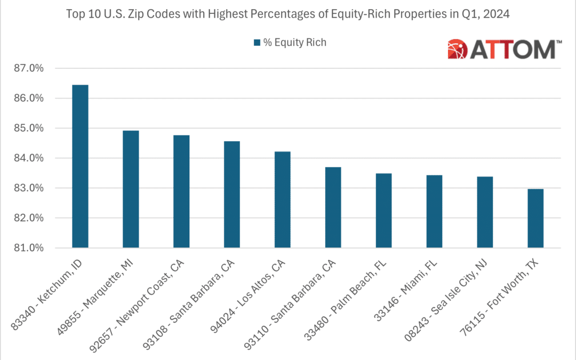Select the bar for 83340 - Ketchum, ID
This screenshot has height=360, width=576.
pyautogui.click(x=80, y=166)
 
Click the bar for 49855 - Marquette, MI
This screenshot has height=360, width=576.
pyautogui.click(x=131, y=189)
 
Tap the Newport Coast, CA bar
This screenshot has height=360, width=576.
pyautogui.click(x=181, y=191)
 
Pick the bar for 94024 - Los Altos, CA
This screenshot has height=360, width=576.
pyautogui.click(x=282, y=200)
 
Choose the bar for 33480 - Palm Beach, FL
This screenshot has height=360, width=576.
pyautogui.click(x=383, y=211)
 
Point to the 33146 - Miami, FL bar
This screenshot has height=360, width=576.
pyautogui.click(x=434, y=212)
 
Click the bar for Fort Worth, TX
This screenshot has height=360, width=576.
pyautogui.click(x=535, y=219)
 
